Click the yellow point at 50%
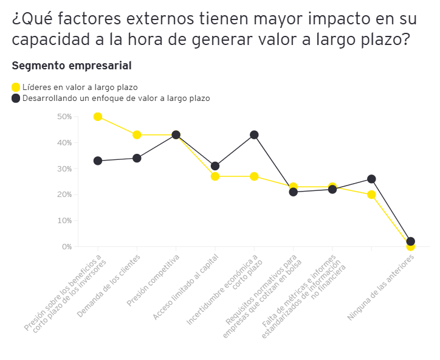[98, 116]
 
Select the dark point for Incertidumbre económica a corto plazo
[254, 134]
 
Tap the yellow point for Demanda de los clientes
[137, 134]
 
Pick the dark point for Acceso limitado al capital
[215, 166]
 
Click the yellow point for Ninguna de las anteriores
[410, 246]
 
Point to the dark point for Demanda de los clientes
[137, 158]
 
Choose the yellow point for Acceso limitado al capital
[215, 176]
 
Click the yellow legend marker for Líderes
[16, 87]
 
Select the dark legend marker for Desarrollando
[16, 98]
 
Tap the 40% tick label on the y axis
[64, 143]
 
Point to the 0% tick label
[66, 247]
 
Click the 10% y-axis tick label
[64, 221]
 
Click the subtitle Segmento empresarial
[72, 65]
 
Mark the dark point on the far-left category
[98, 161]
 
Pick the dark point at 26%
[371, 179]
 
